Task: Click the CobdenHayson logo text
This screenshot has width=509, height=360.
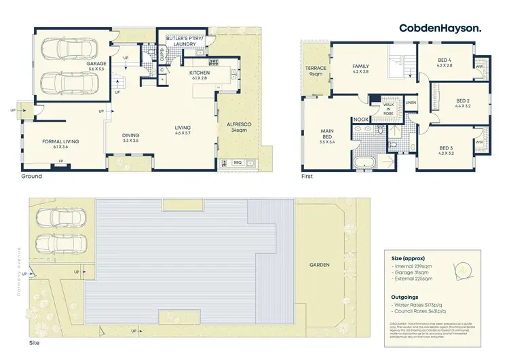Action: point(440,28)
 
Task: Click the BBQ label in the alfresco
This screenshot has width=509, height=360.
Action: point(238,163)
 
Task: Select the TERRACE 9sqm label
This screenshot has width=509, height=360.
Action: point(316,71)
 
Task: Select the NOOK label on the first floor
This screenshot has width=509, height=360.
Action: point(359,120)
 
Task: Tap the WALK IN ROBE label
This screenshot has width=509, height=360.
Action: point(388,109)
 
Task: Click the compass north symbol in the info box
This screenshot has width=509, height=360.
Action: point(462,270)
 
